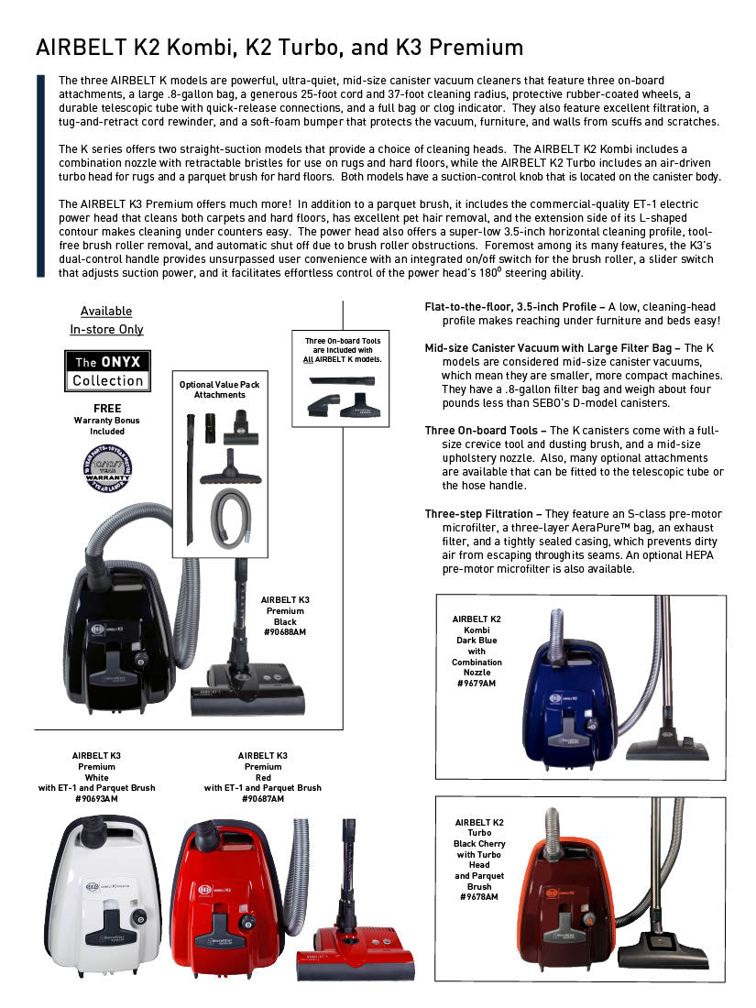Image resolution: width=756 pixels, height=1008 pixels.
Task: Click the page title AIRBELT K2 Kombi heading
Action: (x=279, y=48)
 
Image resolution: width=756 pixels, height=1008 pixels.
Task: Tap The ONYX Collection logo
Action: (x=107, y=370)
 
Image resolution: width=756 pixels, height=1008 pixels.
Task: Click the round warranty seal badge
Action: (x=107, y=468)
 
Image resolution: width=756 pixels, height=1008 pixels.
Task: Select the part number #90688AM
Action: (x=285, y=633)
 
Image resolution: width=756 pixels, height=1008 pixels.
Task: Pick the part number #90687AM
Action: (x=263, y=799)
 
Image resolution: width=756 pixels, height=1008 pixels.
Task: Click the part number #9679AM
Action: (x=477, y=684)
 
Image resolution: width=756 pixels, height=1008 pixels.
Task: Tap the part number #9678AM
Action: (x=479, y=897)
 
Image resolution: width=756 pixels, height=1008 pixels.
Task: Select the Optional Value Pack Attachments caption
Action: (x=219, y=389)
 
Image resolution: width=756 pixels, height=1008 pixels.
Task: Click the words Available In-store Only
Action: (x=106, y=320)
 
